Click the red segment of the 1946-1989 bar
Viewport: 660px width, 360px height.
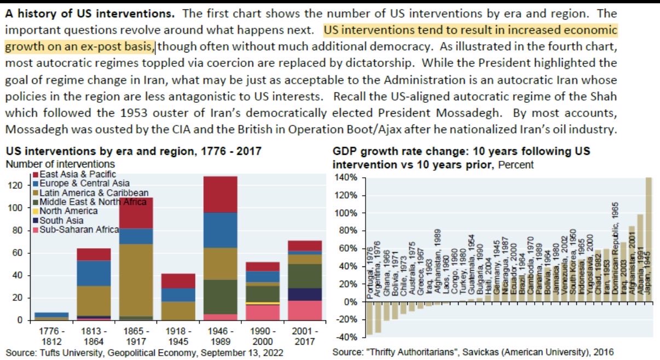pos(221,194)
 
